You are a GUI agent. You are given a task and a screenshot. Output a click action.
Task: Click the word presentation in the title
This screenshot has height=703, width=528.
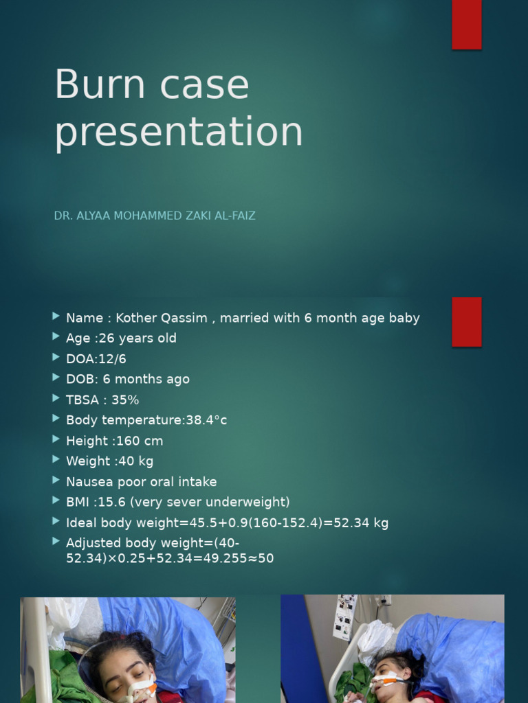click(178, 132)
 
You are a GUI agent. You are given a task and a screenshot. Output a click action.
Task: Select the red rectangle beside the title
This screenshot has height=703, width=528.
click(467, 25)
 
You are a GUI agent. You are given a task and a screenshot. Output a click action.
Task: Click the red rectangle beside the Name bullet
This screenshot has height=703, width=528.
click(467, 322)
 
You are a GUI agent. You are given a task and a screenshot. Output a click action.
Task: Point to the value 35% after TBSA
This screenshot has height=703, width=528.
click(125, 400)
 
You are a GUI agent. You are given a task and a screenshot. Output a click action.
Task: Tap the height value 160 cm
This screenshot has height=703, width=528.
click(140, 441)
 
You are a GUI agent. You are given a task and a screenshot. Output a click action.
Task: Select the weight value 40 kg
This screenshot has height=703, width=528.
click(136, 461)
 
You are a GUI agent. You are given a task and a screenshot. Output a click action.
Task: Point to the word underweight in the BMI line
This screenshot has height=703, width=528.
click(251, 502)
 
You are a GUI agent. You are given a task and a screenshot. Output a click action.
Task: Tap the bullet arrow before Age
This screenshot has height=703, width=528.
click(56, 337)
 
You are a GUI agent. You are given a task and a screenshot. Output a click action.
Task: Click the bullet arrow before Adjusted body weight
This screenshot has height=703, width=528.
click(56, 542)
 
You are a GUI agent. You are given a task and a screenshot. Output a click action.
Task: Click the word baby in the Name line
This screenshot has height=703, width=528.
click(404, 318)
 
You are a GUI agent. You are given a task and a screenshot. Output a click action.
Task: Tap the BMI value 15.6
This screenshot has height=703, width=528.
click(106, 502)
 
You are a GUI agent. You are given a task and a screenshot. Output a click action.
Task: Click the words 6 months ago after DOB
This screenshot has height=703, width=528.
click(146, 379)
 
